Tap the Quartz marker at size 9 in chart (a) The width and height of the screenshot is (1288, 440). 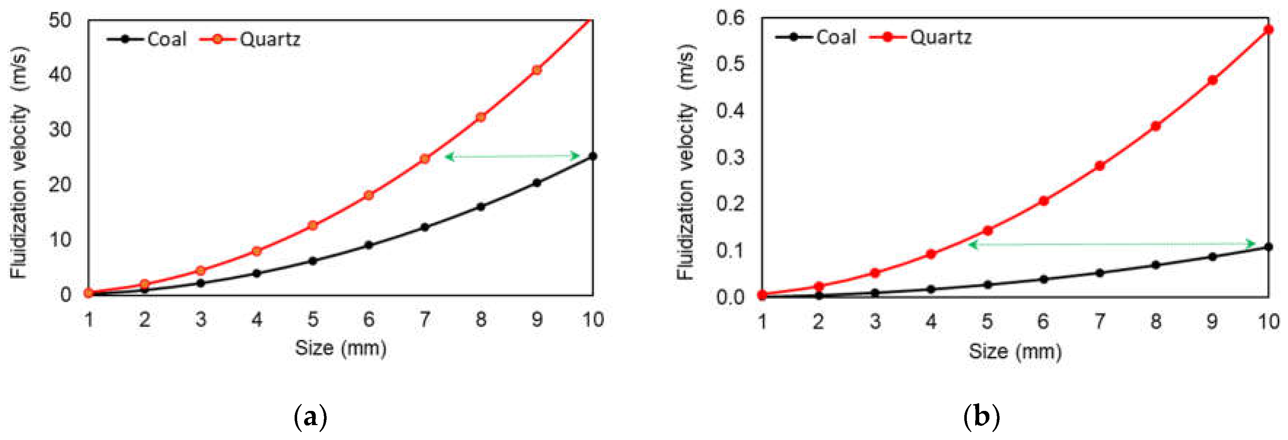[x=536, y=70]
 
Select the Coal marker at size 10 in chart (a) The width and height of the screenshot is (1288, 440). [x=592, y=156]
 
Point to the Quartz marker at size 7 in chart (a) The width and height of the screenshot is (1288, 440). [x=425, y=159]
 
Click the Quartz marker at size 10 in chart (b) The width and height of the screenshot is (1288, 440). [x=1268, y=29]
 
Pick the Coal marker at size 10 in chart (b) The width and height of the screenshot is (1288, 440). [x=1268, y=247]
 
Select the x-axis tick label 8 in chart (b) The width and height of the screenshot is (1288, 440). [x=1155, y=321]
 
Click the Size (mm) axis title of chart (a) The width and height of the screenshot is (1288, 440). [x=340, y=348]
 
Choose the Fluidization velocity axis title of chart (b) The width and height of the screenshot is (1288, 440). [x=686, y=162]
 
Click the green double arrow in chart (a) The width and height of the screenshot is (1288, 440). [x=512, y=156]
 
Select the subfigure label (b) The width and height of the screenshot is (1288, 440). [x=981, y=416]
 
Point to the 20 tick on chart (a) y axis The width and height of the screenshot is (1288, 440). [x=60, y=184]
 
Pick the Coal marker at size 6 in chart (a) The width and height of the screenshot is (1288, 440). [x=369, y=245]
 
